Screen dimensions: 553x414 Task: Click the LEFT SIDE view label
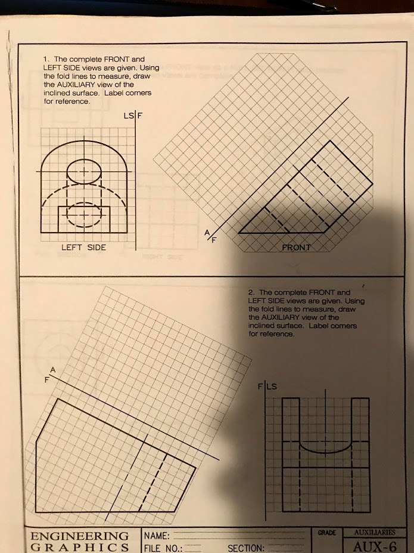click(83, 248)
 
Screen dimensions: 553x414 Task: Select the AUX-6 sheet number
click(370, 546)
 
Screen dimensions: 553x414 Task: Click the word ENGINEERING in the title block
click(79, 535)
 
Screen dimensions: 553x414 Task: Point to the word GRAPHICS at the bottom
click(79, 548)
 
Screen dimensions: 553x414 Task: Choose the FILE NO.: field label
click(163, 548)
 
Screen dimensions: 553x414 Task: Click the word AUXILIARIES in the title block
click(371, 532)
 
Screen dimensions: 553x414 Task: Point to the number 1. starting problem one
click(46, 60)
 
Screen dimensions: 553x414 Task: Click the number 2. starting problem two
click(252, 293)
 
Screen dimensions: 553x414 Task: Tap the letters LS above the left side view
click(127, 114)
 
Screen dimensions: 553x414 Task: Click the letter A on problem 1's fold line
click(207, 233)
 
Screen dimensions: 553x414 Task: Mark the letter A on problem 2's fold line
click(52, 370)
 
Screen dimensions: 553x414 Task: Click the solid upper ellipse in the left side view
click(83, 172)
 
